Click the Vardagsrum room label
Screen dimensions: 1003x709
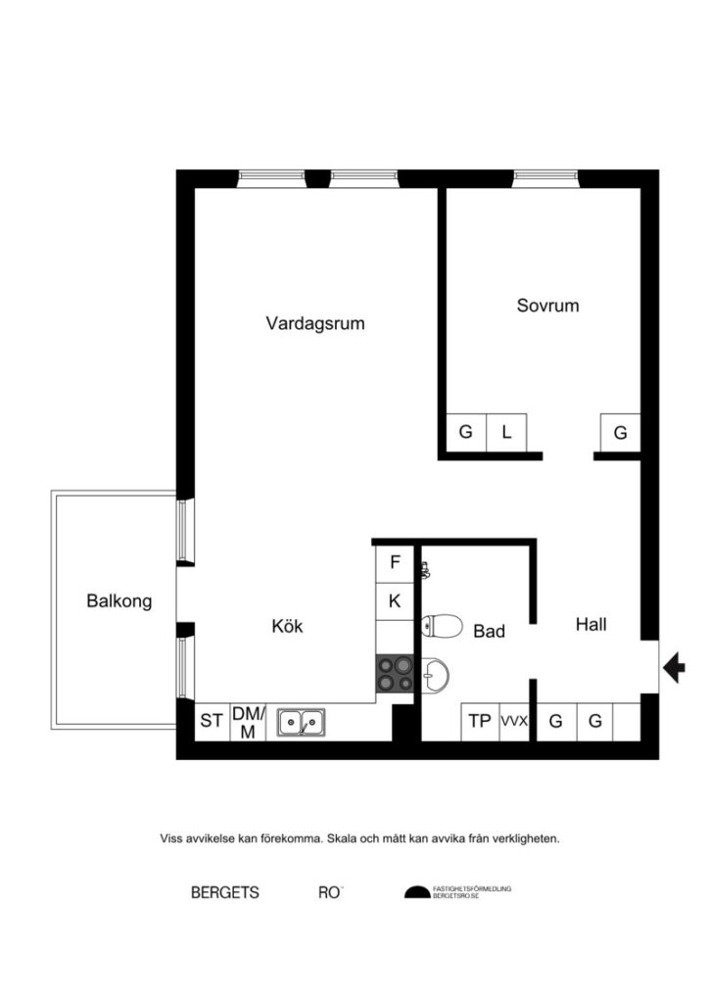(315, 322)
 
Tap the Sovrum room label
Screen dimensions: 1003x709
(547, 305)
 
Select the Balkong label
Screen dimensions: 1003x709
(118, 600)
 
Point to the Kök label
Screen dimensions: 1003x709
(287, 627)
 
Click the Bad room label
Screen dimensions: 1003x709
(489, 632)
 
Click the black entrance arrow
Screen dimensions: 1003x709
(674, 668)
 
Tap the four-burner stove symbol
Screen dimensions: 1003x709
(396, 673)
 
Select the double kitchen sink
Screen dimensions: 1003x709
(302, 723)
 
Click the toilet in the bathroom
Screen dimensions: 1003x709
(442, 625)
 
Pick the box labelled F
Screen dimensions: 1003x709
(396, 562)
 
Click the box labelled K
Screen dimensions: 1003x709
(396, 601)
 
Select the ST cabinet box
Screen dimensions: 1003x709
(212, 722)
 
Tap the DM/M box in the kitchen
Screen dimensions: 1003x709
(249, 723)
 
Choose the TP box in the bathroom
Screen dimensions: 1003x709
(480, 722)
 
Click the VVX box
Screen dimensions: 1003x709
(514, 722)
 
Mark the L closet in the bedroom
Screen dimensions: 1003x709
(506, 432)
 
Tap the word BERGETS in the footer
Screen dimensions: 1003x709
(224, 892)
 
